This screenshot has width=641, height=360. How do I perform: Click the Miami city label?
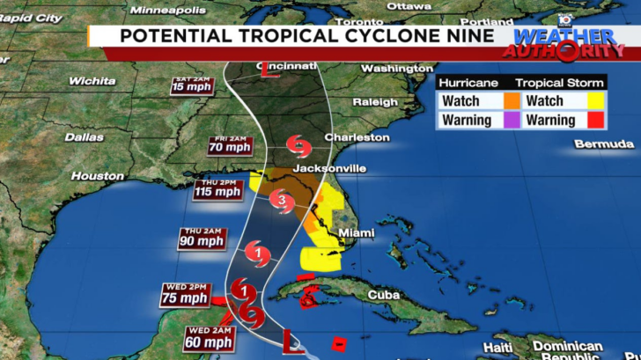(x=357, y=232)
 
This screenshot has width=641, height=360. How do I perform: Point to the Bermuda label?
(x=603, y=143)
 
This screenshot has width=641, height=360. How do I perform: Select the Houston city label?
(x=98, y=176)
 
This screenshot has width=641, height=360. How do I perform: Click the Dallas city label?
(x=84, y=136)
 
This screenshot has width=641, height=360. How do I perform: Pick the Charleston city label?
(x=357, y=137)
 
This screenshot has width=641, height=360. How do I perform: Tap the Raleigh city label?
(x=375, y=102)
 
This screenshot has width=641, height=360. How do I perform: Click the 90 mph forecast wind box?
(x=203, y=239)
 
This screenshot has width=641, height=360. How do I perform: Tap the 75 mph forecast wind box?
(x=187, y=292)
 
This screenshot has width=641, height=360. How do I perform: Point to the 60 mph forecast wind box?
(x=210, y=338)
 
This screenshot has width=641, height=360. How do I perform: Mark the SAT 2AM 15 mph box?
(x=193, y=84)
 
